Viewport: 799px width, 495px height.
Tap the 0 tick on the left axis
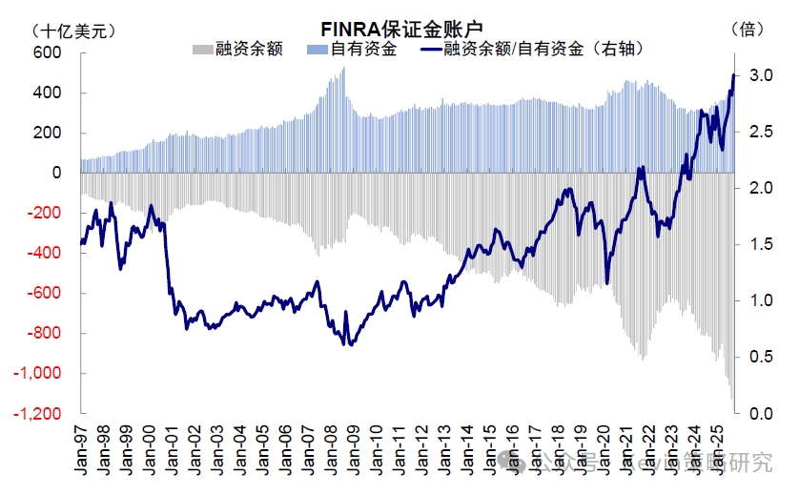[56, 174]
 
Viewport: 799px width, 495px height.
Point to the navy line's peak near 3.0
[733, 74]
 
